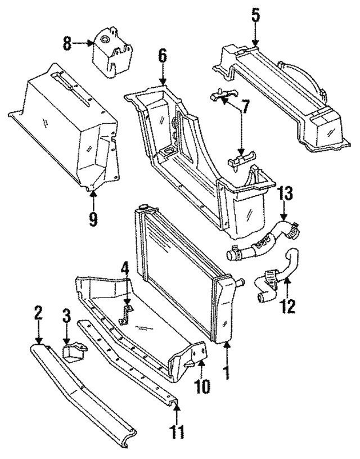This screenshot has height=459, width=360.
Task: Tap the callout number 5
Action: [x=255, y=16]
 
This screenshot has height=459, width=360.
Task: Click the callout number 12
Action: [x=288, y=307]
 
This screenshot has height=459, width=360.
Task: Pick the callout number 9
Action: [x=93, y=216]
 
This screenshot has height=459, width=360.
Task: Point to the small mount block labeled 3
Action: [x=74, y=352]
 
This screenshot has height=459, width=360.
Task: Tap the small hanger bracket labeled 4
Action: [x=127, y=314]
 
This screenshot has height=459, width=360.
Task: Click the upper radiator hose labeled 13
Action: [x=264, y=242]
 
